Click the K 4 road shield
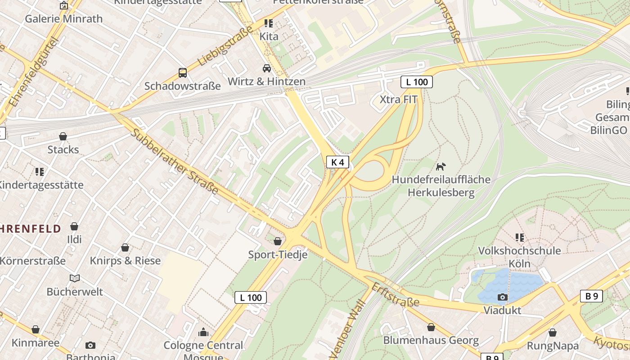[337, 162]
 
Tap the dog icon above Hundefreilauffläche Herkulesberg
[441, 166]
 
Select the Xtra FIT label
[398, 99]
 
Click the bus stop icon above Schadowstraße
[182, 72]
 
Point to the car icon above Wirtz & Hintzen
[267, 68]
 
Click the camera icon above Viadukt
[502, 297]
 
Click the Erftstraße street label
[395, 295]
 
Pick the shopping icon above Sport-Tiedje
[278, 241]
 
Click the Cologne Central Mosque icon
[203, 333]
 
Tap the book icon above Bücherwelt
[75, 278]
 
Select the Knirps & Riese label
[125, 261]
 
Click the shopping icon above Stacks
[63, 136]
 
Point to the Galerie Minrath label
[63, 18]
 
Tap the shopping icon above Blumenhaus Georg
[431, 327]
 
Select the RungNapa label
[553, 346]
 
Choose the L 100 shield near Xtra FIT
[416, 82]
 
